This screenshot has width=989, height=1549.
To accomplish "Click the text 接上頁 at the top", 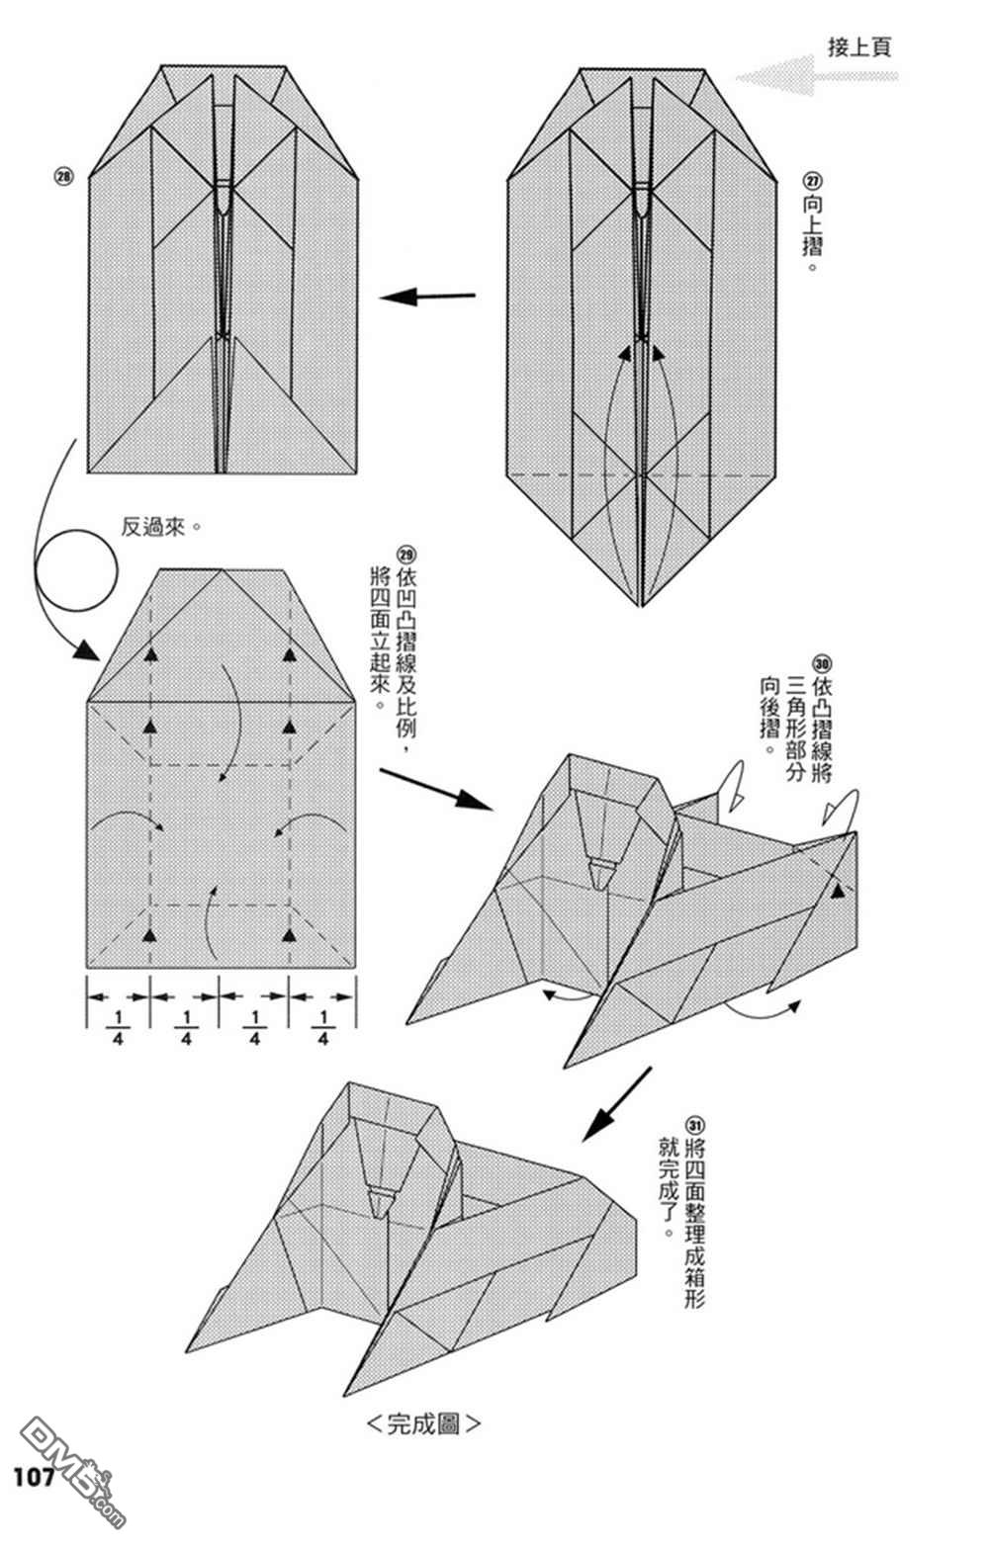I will [x=858, y=47].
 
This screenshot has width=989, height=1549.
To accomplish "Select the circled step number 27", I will [x=813, y=182].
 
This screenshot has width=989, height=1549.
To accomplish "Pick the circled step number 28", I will [x=62, y=178].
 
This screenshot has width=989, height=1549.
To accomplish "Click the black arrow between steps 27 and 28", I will [x=427, y=296].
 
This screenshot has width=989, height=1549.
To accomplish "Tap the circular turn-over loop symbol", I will [x=76, y=570].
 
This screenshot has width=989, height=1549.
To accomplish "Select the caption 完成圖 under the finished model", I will [x=423, y=1424].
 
